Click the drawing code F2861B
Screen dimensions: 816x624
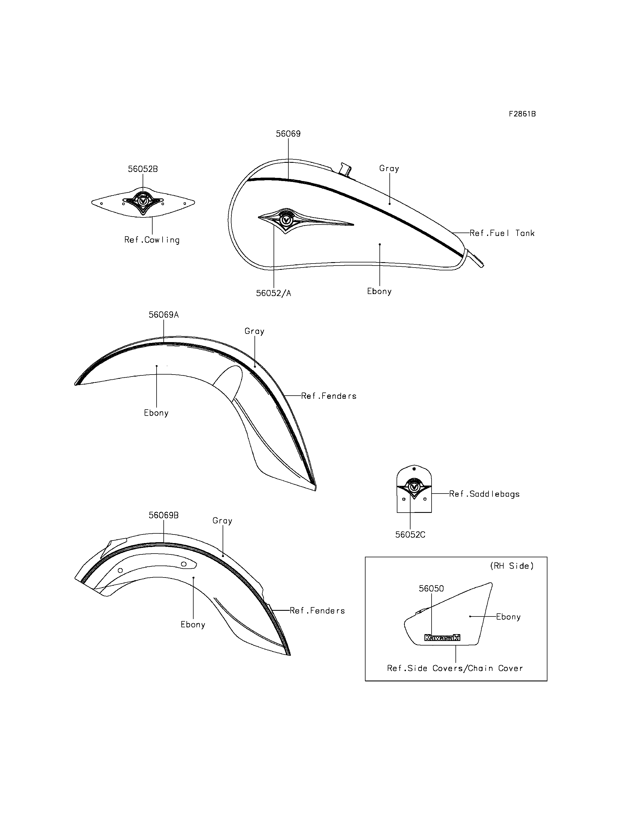point(522,114)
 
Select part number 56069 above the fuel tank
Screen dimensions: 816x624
point(288,134)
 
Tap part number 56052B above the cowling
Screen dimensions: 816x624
point(143,169)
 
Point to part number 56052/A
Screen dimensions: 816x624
point(273,293)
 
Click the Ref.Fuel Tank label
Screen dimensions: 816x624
point(502,233)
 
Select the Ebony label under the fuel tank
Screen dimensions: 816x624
point(379,291)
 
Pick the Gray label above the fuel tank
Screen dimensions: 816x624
point(389,168)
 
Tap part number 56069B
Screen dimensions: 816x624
point(163,515)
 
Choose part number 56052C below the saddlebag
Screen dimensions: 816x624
point(410,535)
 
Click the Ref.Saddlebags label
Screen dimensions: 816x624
point(484,494)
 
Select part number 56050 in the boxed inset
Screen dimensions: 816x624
point(431,589)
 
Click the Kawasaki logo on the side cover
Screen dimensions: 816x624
point(442,638)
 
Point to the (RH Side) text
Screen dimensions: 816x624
point(512,566)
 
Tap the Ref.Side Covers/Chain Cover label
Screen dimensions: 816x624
point(455,669)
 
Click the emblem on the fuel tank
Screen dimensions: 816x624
point(286,221)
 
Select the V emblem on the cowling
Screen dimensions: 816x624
point(143,201)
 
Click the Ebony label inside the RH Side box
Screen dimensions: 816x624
point(508,617)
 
